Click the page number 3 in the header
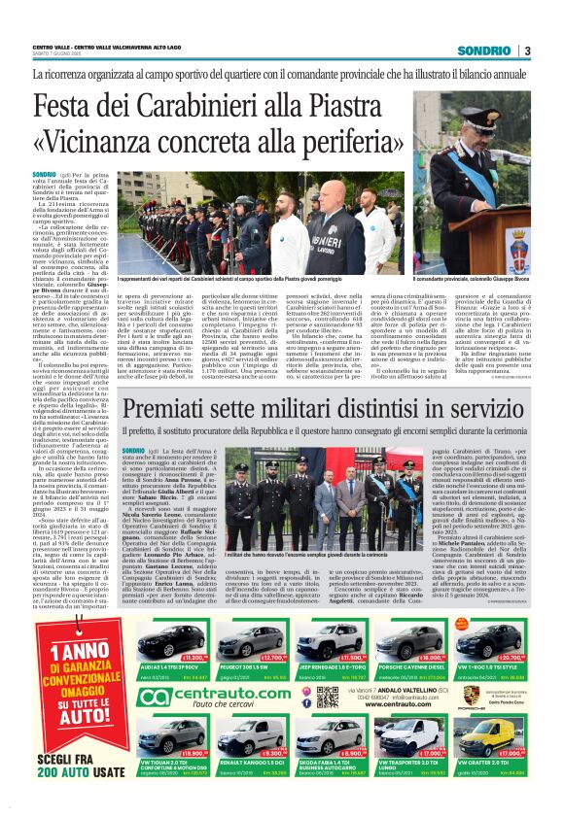pos(526,51)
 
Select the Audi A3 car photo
pos(169,643)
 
